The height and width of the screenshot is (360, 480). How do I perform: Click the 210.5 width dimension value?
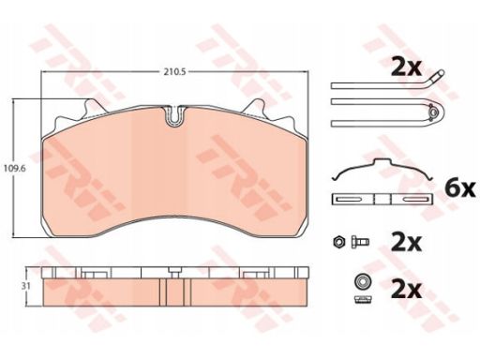175,72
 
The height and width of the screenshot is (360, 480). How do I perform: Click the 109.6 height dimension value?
14,169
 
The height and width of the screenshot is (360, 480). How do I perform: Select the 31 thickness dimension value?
26,286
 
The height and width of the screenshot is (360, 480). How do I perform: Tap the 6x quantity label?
460,188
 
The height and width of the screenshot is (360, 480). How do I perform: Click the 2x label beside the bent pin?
406,67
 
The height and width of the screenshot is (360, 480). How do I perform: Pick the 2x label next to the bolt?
406,242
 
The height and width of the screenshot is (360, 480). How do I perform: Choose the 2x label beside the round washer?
406,290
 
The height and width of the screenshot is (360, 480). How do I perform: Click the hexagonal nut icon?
338,242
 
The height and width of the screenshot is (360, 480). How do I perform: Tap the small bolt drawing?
360,242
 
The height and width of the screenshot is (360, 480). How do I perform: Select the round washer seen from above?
362,281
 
